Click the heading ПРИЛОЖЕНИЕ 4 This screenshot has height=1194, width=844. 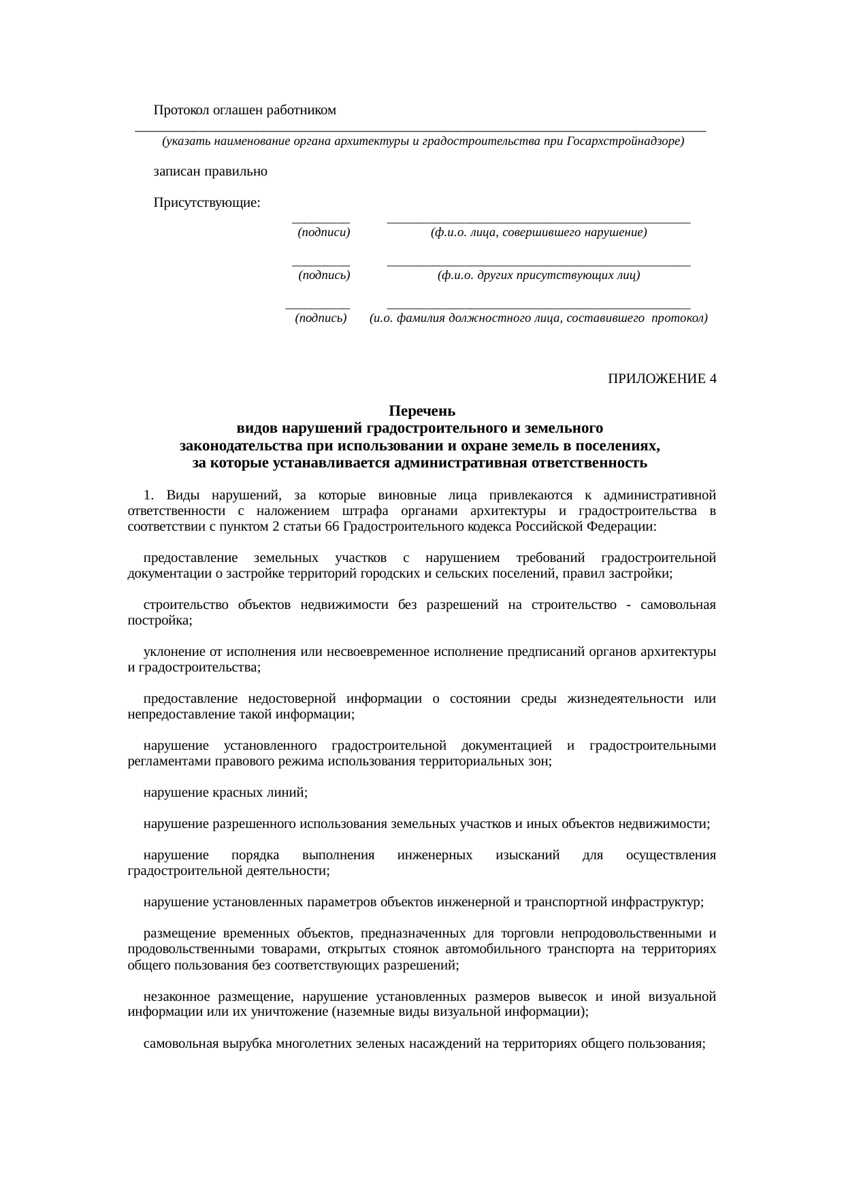click(662, 379)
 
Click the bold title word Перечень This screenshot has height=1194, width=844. click(421, 412)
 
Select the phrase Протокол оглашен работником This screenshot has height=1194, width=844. click(245, 110)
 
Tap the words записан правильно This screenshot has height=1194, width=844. click(210, 171)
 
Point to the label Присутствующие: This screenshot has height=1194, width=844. click(207, 203)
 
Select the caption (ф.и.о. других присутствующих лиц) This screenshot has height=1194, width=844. click(538, 276)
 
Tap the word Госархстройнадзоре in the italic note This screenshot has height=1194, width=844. click(624, 142)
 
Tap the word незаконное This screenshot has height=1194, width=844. click(176, 997)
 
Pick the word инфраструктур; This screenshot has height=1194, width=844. click(658, 903)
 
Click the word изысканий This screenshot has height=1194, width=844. click(528, 855)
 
